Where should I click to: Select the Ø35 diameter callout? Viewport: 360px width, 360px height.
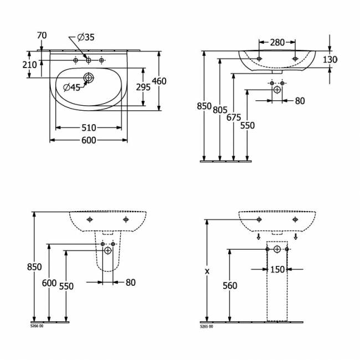point(86,38)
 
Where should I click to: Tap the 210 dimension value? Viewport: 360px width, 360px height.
point(30,65)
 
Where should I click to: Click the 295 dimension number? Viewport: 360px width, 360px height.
point(143,87)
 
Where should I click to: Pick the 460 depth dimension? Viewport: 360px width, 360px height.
point(159,81)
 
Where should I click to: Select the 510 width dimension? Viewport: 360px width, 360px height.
point(88,127)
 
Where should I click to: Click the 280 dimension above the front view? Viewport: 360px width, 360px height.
point(277,42)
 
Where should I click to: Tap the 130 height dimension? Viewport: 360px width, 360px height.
point(330,60)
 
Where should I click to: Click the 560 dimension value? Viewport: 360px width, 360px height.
point(229,286)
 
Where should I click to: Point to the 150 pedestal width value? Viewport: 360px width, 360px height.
point(277,270)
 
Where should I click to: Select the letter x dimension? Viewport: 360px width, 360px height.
point(207,271)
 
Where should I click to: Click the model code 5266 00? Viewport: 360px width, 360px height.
point(38,326)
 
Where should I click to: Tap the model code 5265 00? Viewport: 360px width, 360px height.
point(206,326)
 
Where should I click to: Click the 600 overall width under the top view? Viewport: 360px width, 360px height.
point(88,140)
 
